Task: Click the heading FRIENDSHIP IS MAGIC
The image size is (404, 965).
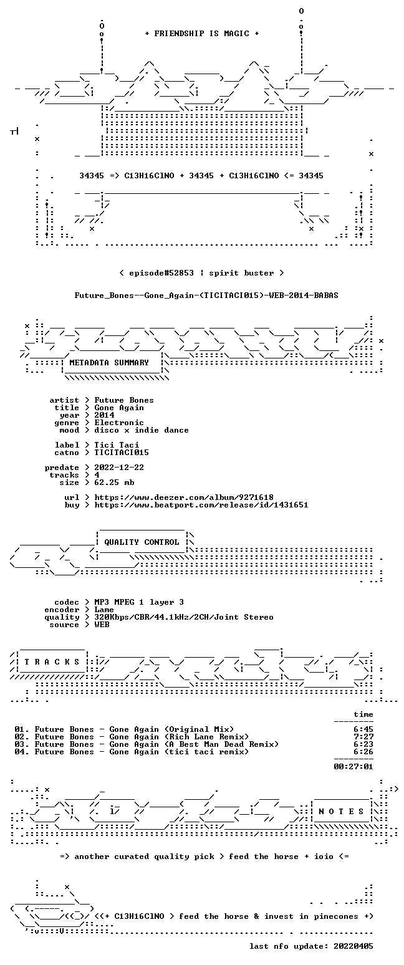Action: pos(202,34)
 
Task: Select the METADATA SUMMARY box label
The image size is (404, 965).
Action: pos(109,363)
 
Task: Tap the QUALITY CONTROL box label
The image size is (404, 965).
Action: pos(142,542)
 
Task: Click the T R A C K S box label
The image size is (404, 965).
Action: pos(52,662)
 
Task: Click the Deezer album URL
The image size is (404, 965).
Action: pos(184,497)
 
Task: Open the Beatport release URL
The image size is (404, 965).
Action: pos(201,505)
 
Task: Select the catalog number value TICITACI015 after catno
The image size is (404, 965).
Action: pos(122,453)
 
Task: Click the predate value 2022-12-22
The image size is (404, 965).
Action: pos(119,468)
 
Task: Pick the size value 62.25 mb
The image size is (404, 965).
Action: pos(114,482)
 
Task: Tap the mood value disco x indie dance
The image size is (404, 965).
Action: pos(142,430)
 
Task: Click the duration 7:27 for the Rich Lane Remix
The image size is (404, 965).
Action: pos(363,737)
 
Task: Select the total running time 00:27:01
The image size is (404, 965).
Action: pos(353,766)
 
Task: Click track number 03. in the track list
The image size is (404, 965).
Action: pos(22,744)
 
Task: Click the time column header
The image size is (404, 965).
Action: pos(363,714)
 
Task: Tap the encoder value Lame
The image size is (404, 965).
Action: pos(104,610)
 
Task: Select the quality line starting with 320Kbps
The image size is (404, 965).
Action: pos(184,617)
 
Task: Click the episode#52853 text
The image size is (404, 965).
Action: pos(161,273)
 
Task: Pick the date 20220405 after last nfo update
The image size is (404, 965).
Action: pos(353,946)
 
